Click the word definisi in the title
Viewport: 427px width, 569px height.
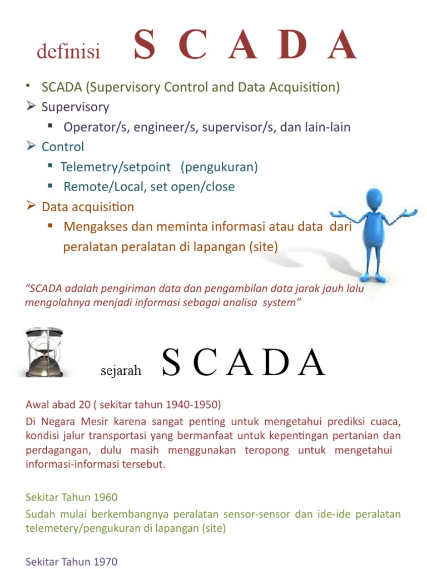(x=68, y=52)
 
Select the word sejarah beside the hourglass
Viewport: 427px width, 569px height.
(x=121, y=371)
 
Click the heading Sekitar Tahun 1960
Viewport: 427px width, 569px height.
(x=72, y=497)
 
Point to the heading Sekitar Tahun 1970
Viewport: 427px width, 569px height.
(x=72, y=562)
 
